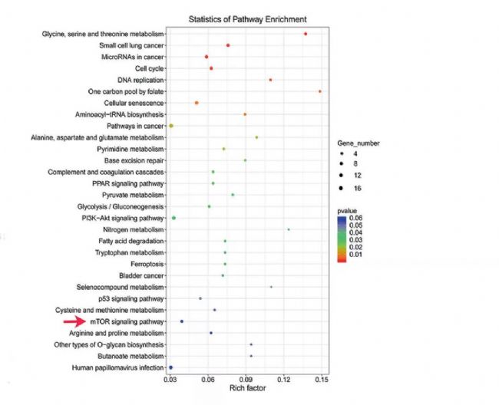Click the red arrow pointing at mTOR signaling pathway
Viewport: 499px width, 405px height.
coord(78,322)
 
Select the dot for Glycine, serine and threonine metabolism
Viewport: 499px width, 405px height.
coord(306,34)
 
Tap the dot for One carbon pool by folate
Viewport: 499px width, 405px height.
coord(319,91)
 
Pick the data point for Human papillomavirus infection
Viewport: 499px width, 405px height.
coord(170,368)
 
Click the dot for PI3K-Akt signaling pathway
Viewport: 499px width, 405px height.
coord(174,218)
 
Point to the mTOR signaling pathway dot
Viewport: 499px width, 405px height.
coord(182,321)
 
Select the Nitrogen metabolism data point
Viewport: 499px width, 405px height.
coord(289,229)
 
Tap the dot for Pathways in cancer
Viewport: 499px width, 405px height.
coord(172,126)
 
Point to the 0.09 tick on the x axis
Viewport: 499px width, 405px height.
coord(246,380)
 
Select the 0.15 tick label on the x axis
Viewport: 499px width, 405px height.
coord(322,380)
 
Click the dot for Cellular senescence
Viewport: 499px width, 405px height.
coord(197,103)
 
